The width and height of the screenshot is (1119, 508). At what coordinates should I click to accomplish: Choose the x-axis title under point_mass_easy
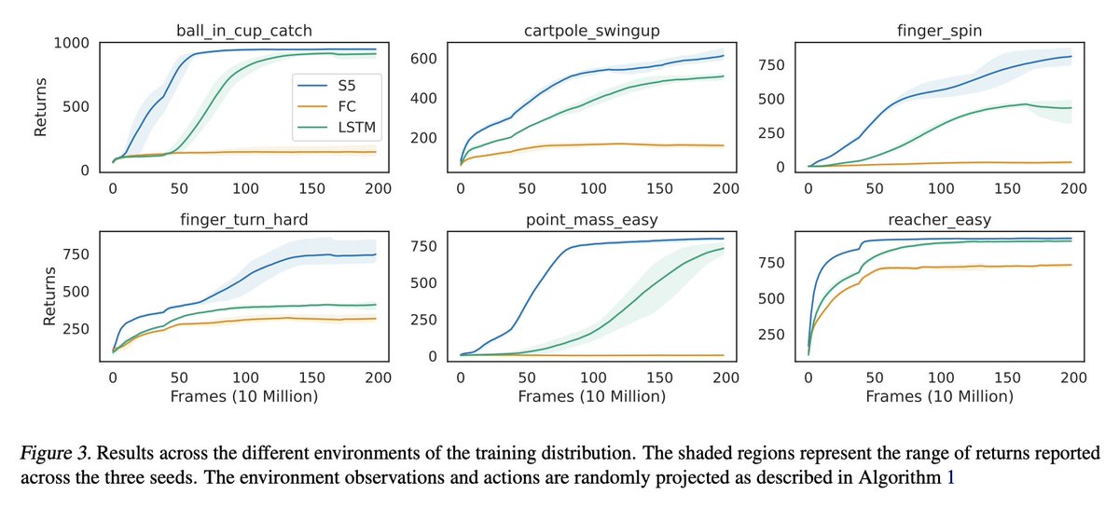coord(592,397)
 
